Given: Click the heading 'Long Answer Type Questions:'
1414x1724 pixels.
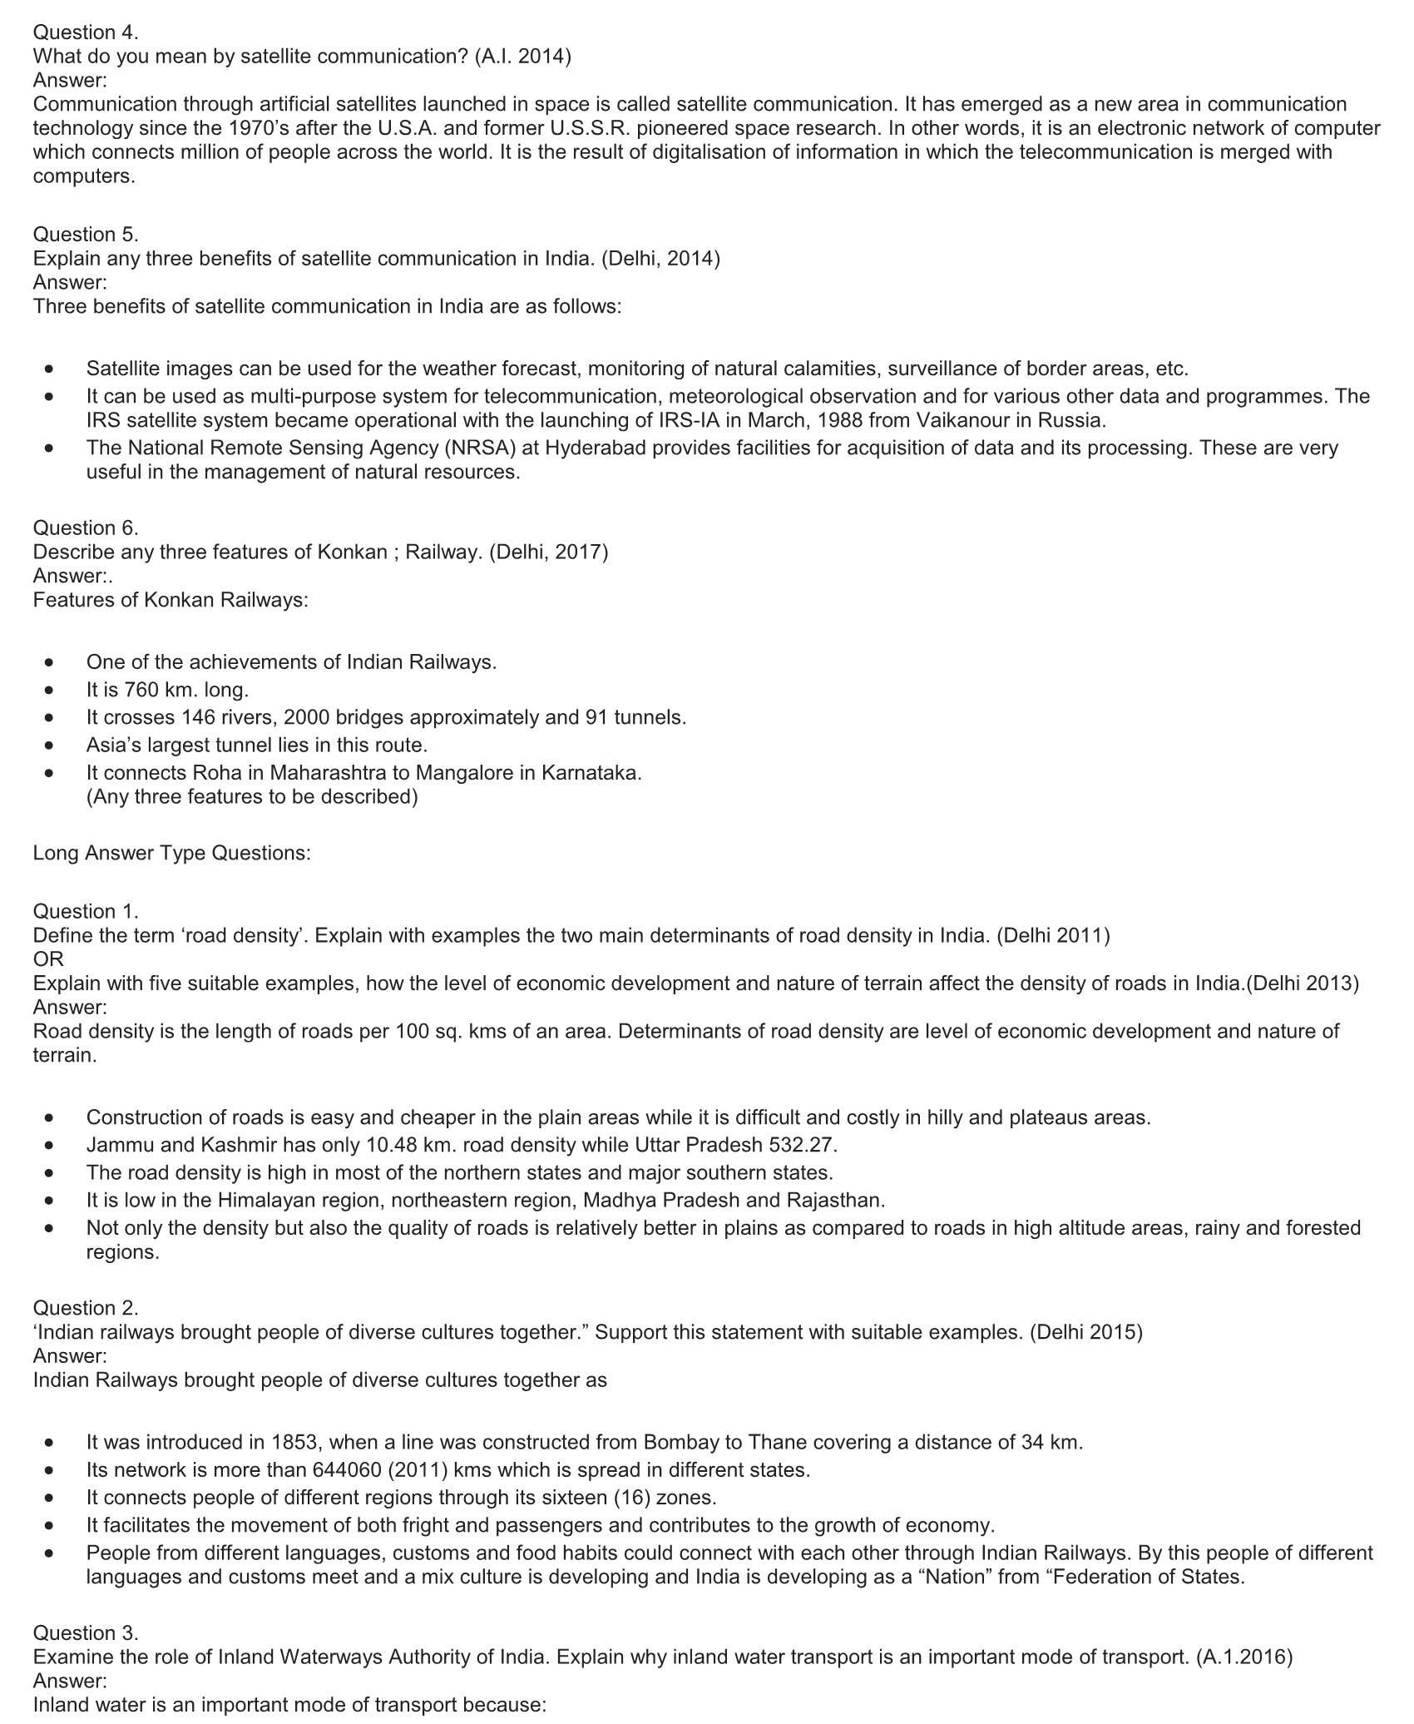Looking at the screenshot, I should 172,853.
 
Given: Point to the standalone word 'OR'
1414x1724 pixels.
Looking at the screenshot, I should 48,959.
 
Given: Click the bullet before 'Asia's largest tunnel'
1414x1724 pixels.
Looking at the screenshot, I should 52,745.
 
